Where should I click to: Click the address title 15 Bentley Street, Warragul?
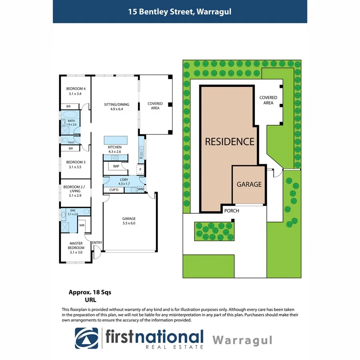pos(180,12)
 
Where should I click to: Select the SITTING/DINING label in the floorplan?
pos(116,104)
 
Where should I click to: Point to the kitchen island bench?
pos(116,140)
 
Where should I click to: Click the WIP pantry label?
pos(116,166)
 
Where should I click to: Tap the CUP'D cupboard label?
pos(114,190)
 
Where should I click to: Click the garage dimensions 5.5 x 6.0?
pos(129,224)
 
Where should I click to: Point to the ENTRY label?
pos(97,242)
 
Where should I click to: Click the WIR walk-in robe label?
pos(82,226)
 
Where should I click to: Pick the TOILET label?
pos(71,142)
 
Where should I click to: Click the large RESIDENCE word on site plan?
pos(230,141)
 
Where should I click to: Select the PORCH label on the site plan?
pos(232,210)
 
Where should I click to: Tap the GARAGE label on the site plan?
pos(249,184)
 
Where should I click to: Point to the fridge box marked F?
pos(140,170)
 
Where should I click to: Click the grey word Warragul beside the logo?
pos(242,340)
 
